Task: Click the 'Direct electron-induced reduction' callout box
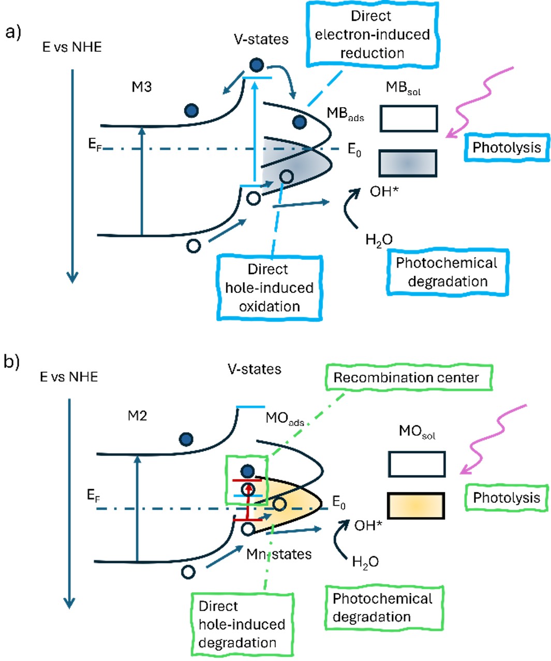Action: (x=371, y=35)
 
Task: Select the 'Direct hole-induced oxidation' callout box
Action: (x=269, y=288)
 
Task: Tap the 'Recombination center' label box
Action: (x=406, y=377)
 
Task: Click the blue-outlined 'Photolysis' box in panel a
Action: (x=507, y=148)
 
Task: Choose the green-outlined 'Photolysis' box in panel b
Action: (x=507, y=498)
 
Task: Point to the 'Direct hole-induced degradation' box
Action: (x=242, y=624)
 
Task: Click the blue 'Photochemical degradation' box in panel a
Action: (x=447, y=272)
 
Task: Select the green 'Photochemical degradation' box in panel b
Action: (x=383, y=608)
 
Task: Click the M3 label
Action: (x=141, y=86)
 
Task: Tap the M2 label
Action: (x=137, y=416)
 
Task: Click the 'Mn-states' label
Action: (x=279, y=554)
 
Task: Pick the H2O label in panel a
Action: (x=379, y=240)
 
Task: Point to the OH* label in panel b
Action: (x=368, y=525)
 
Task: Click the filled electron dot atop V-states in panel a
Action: (x=257, y=65)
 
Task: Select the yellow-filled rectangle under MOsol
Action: (x=416, y=506)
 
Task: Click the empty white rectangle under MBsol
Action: (x=409, y=119)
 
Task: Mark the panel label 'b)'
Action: (x=12, y=361)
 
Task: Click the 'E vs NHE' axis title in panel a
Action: (x=72, y=47)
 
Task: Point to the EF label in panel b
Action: (x=93, y=495)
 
